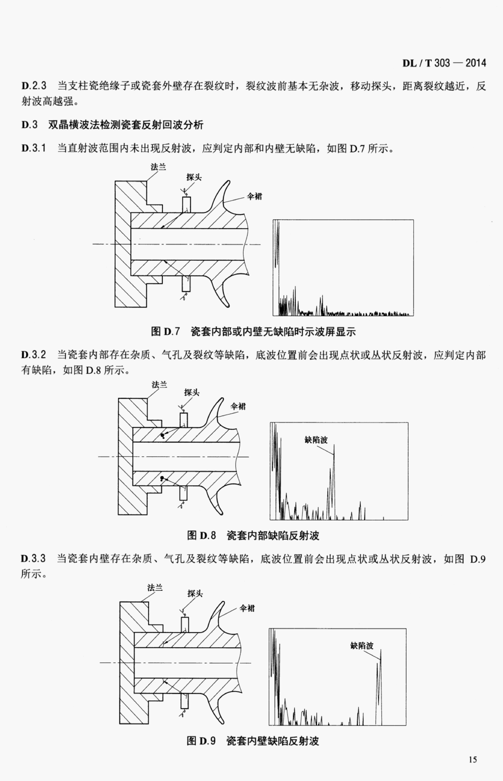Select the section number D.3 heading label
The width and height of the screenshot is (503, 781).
pos(29,125)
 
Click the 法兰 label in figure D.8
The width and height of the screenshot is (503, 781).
pos(159,385)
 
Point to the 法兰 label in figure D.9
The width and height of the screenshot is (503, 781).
pos(155,588)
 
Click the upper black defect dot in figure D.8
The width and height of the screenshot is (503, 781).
pos(162,435)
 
